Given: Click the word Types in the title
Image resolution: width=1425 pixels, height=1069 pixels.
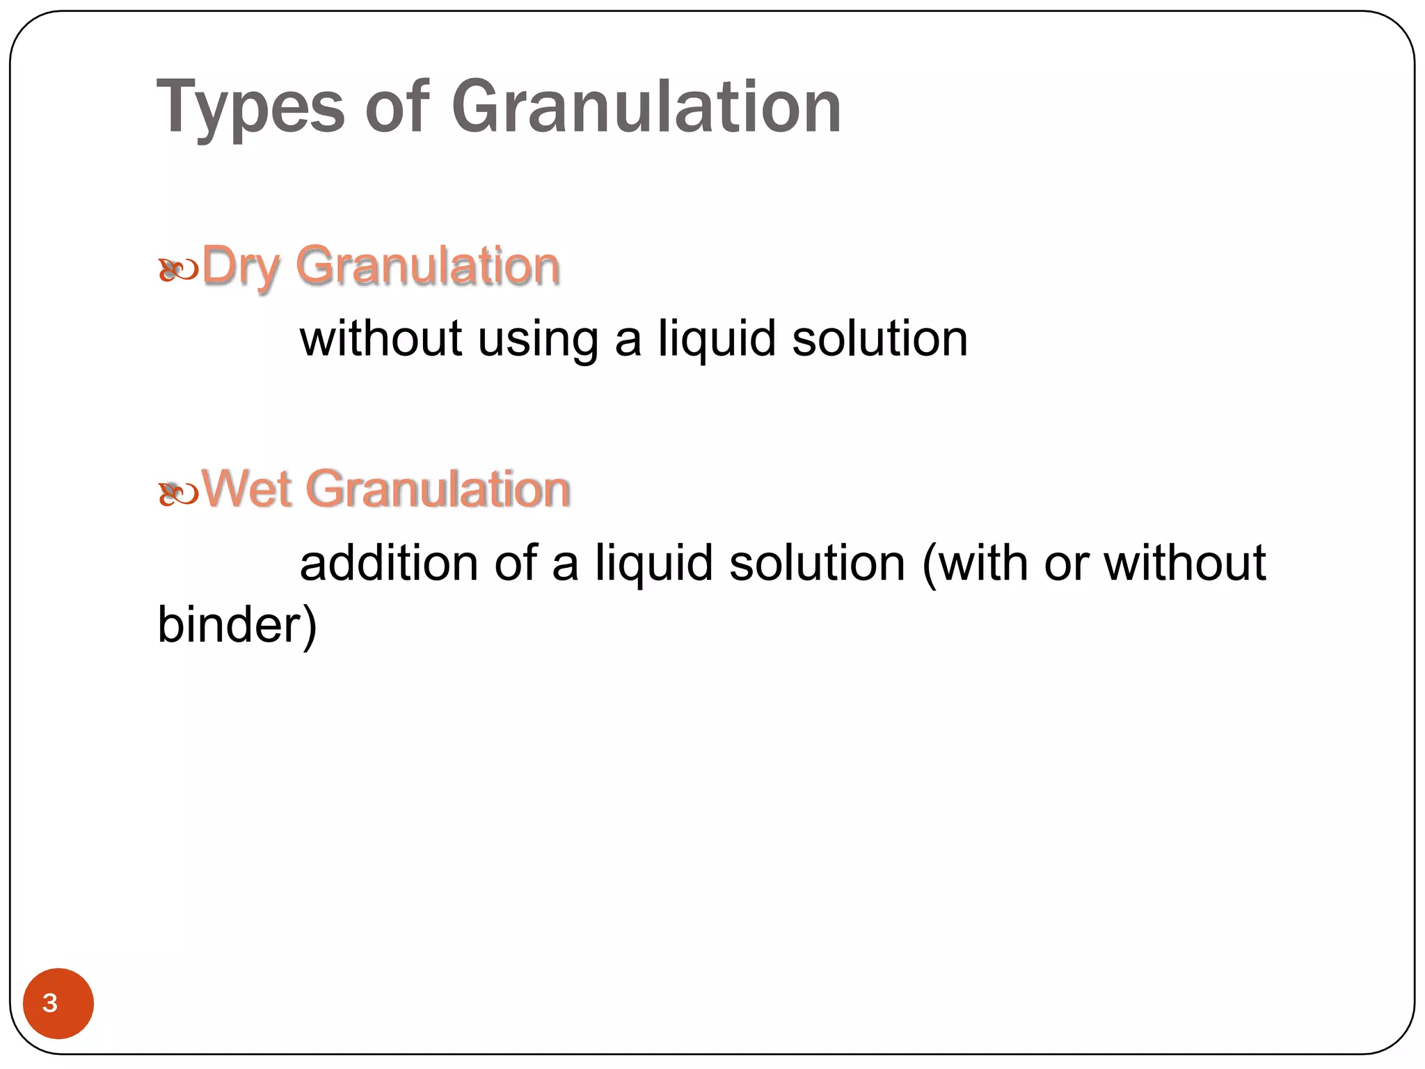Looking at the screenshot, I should (250, 108).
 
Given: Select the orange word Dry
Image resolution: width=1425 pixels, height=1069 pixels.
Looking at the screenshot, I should (241, 267).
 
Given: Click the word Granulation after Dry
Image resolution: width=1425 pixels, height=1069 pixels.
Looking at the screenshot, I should (428, 267).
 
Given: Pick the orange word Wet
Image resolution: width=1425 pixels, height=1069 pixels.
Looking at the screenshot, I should (246, 489).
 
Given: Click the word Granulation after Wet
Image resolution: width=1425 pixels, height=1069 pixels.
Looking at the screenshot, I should (438, 489).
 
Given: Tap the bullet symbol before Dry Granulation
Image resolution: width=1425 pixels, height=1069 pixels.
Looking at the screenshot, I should (178, 270).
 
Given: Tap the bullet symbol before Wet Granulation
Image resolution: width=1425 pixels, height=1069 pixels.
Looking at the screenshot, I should (178, 493).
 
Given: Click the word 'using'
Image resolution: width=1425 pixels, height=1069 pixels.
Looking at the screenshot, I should (538, 340).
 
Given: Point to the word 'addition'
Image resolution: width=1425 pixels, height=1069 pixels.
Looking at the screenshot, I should (389, 562).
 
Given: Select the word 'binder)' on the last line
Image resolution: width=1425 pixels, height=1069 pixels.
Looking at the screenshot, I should (237, 624).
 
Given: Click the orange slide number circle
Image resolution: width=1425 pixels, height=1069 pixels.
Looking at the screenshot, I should (58, 1003).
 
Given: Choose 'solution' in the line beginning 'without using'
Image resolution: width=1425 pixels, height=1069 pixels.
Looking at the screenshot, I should (879, 340).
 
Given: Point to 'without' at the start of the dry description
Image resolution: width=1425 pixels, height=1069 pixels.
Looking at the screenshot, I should (381, 340).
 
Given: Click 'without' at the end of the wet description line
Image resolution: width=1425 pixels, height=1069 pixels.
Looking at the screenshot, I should (1185, 562).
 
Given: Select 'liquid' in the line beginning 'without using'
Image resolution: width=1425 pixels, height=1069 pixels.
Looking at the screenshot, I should (717, 340).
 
